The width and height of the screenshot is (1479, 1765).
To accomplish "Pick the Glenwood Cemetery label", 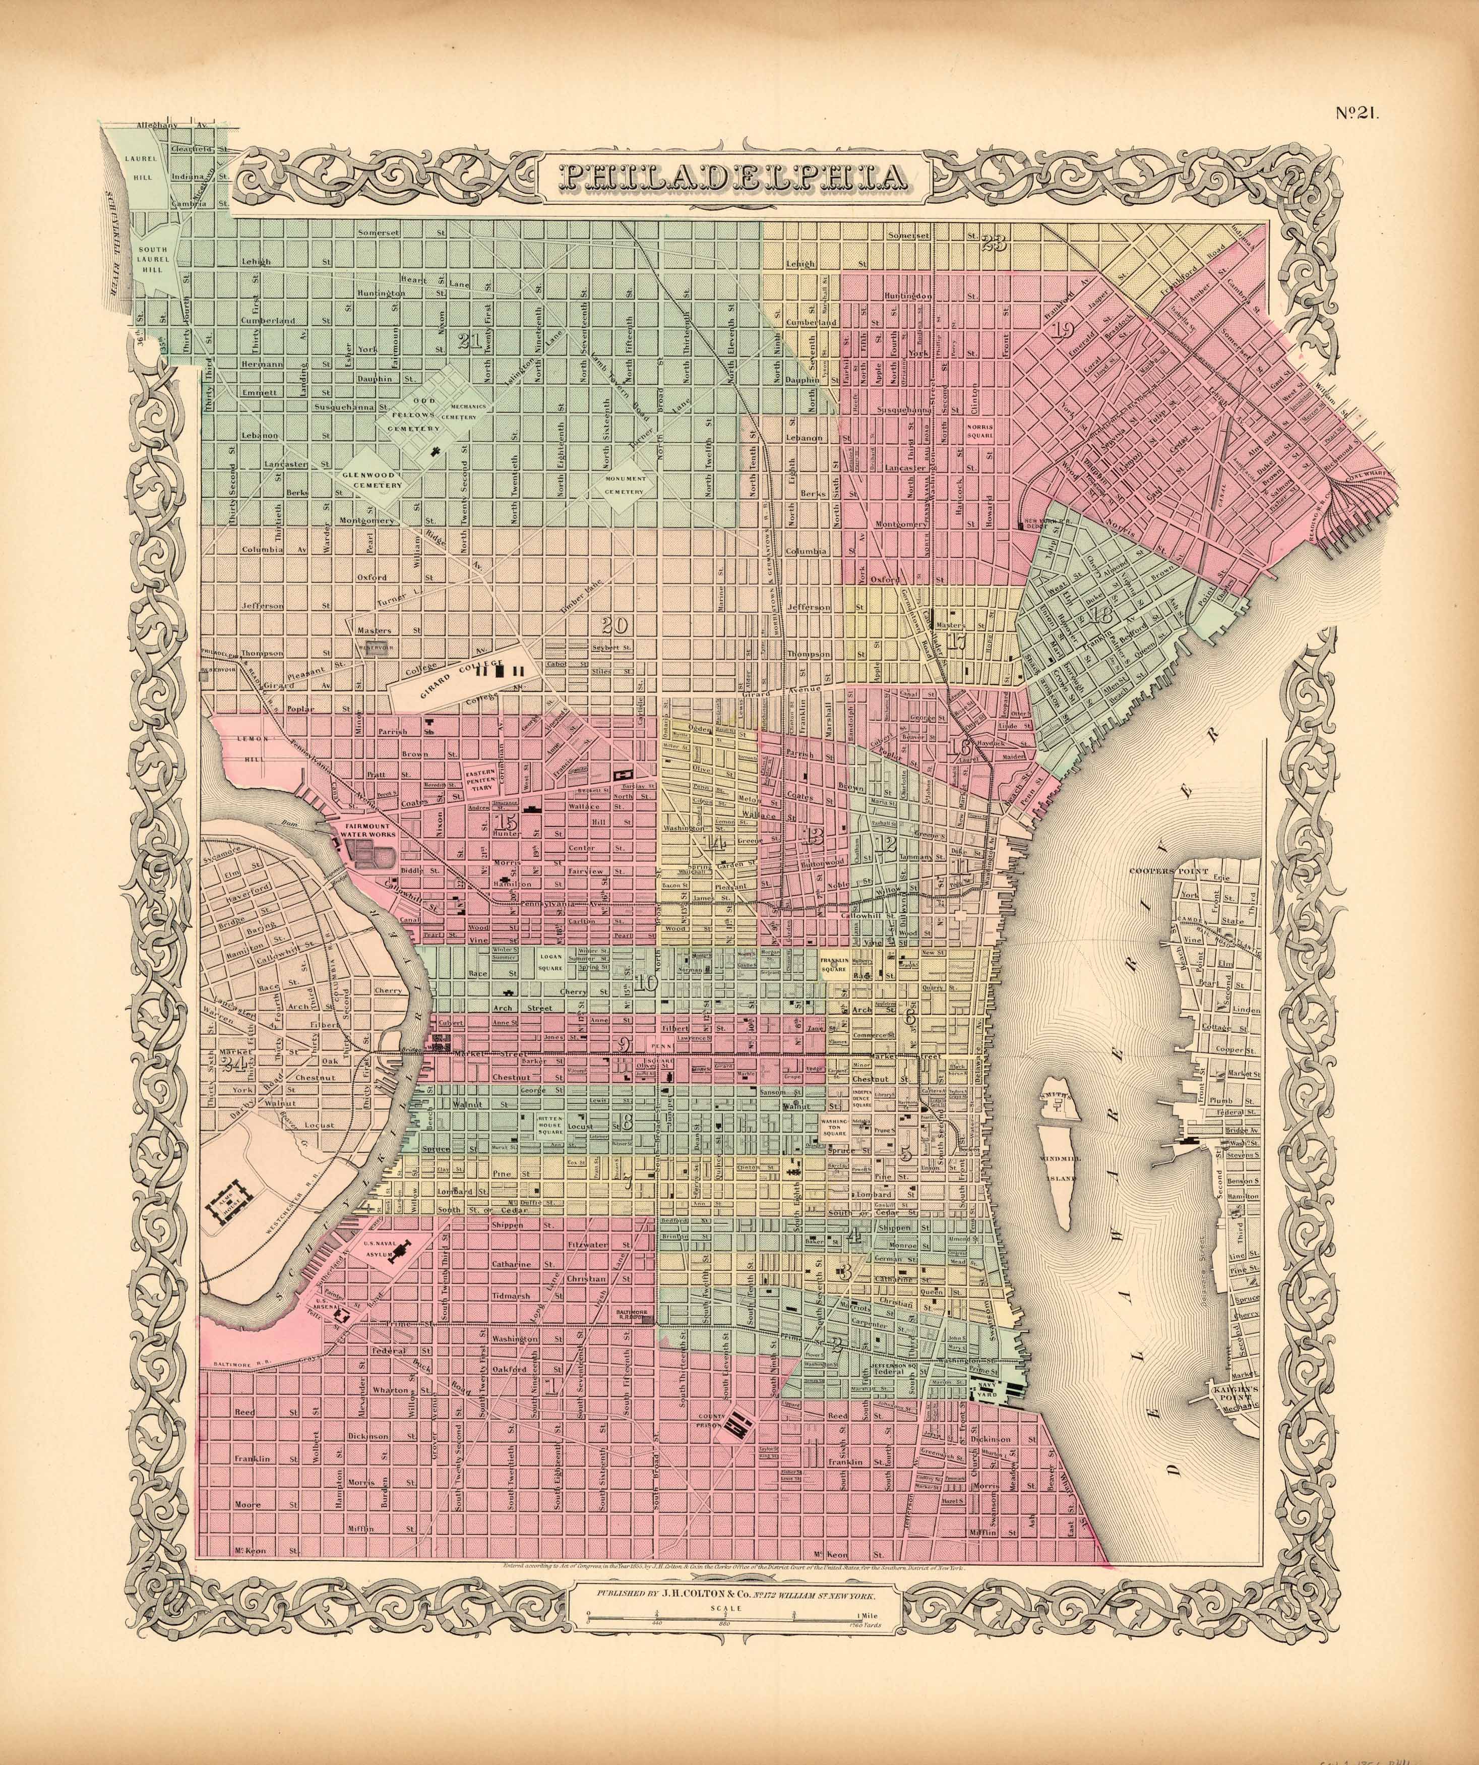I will click(372, 480).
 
